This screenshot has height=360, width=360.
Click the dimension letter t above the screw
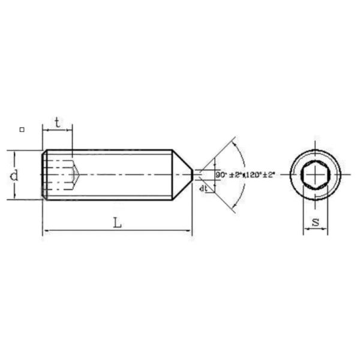pos(57,122)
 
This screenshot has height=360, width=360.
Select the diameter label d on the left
pos(14,175)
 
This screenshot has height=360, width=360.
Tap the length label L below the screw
pos(118,223)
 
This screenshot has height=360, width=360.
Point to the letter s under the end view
pos(315,223)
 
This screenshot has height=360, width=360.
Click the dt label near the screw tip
pos(203,188)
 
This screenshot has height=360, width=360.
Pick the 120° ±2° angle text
pos(259,175)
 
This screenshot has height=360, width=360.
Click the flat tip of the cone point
pos(192,175)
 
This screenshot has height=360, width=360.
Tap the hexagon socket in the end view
pos(315,175)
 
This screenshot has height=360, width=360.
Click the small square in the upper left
pos(22,129)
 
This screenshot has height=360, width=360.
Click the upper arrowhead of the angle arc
pos(235,146)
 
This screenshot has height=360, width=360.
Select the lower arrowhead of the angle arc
pos(235,204)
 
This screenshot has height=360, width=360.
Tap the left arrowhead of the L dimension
pos(45,230)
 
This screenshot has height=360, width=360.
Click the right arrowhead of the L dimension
pos(189,230)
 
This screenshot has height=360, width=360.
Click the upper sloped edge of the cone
pos(182,160)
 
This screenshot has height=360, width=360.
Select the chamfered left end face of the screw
pos(44,175)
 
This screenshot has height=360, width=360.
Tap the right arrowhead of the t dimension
pos(70,129)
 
